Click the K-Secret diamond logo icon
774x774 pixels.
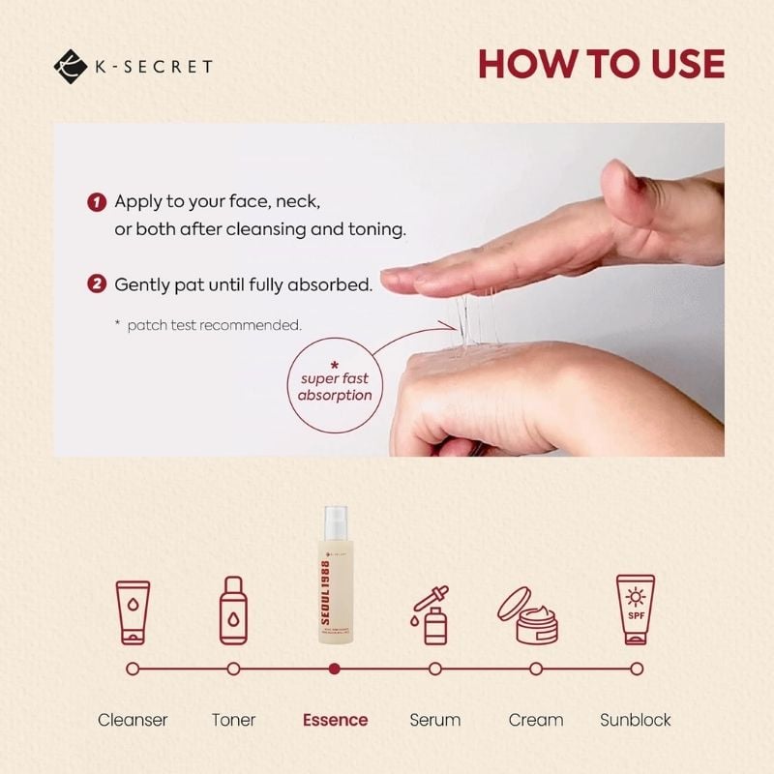pos(71,66)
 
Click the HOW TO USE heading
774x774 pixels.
pos(600,64)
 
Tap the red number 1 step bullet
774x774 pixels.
pos(96,202)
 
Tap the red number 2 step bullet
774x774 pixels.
pos(96,284)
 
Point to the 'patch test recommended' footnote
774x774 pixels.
pos(208,325)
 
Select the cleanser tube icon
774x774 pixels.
pos(133,612)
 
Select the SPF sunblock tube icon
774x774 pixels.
pos(636,610)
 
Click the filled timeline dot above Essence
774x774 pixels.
pos(335,668)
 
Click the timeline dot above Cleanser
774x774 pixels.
pos(133,668)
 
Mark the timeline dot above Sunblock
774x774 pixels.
pos(637,668)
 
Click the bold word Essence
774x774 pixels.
pos(335,720)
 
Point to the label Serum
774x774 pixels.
pos(434,720)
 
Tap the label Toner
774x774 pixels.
pos(233,720)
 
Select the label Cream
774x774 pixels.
pos(536,720)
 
